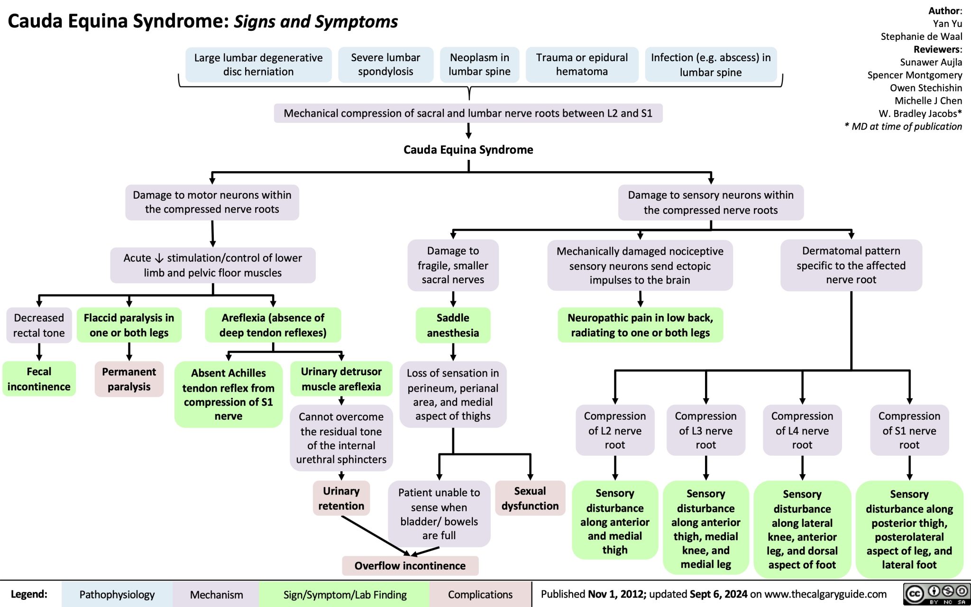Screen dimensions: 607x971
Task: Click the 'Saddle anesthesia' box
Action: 453,325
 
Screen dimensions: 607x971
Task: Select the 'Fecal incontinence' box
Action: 39,379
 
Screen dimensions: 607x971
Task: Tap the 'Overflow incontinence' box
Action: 410,566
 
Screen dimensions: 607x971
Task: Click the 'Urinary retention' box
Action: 341,498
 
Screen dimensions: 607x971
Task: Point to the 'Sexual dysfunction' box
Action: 530,498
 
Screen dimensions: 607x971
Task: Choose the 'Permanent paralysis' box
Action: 129,379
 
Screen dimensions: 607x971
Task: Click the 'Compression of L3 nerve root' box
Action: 705,430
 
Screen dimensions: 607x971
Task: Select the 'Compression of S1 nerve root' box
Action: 909,430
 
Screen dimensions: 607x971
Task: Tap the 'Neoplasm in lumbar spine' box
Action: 479,64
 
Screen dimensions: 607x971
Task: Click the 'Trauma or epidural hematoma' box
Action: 582,64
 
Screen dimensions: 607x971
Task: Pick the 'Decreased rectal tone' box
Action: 39,325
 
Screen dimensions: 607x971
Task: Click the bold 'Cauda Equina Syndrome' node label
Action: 468,150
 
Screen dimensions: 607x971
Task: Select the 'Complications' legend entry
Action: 480,595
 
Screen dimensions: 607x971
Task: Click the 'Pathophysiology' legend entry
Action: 117,595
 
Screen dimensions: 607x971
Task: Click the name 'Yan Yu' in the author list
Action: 947,24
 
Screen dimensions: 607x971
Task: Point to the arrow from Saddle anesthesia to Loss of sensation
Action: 453,352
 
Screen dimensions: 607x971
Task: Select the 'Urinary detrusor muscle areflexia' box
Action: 341,379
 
